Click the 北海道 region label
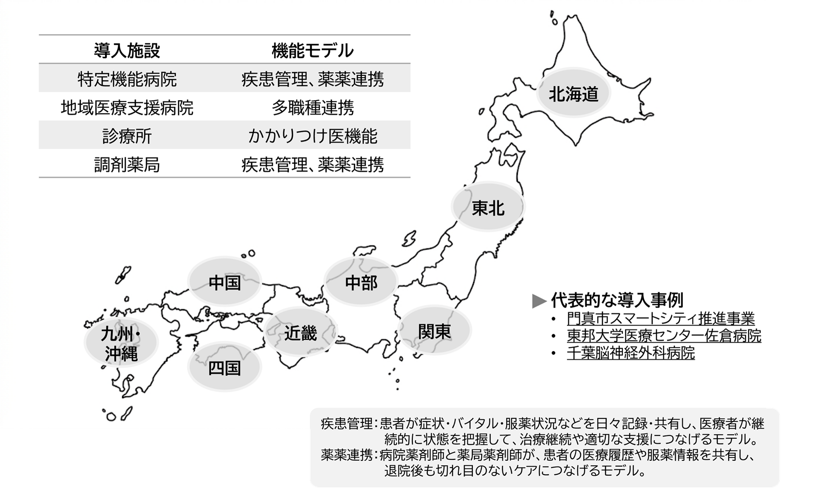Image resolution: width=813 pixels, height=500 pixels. [573, 94]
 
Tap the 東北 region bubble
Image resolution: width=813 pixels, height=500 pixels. [488, 208]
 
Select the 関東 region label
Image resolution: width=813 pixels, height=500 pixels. [434, 331]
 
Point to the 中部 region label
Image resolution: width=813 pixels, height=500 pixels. [361, 283]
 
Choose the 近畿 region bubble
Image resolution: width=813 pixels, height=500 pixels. [301, 333]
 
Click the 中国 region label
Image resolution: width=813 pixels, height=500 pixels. [224, 283]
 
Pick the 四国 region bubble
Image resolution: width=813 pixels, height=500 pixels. [224, 368]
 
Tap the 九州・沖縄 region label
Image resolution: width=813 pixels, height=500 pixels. [121, 344]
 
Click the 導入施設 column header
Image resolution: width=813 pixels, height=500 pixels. [127, 50]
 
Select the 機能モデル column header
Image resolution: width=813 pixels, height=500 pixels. [312, 50]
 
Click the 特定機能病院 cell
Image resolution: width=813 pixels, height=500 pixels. [127, 79]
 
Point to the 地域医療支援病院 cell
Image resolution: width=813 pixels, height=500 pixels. [127, 108]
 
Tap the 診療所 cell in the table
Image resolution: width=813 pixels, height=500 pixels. [127, 136]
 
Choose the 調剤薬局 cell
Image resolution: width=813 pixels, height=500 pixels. [127, 165]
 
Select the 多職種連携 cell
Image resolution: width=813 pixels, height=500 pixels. [312, 108]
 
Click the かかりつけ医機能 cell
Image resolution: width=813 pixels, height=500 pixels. [312, 136]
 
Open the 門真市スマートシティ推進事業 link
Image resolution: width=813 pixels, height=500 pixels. [661, 319]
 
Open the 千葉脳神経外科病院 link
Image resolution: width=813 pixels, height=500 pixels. [630, 353]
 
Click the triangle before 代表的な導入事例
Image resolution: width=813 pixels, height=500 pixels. [539, 301]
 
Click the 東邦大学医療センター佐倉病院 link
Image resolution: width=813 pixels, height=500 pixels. [664, 336]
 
